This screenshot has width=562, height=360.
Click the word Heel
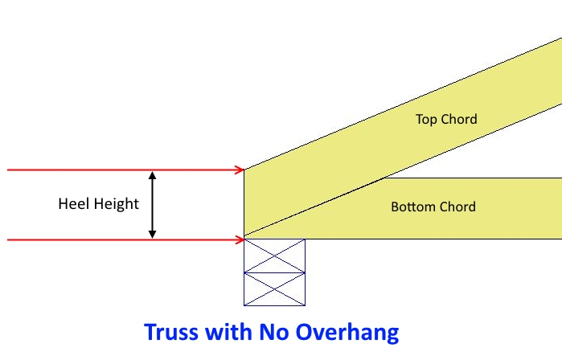pos(73,204)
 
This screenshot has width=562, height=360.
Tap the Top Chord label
pos(446,120)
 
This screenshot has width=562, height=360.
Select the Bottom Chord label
pos(433,207)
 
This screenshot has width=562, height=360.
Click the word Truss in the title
pos(171,332)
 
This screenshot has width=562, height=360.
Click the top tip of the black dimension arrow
pos(153,173)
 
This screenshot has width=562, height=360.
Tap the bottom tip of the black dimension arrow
pos(153,236)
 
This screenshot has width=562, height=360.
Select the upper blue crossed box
pos(274,256)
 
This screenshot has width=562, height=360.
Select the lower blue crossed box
pos(274,289)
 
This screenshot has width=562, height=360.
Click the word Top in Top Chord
pos(425,120)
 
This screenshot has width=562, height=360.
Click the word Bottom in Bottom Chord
pos(412,207)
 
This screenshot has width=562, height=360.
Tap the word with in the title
pos(228,332)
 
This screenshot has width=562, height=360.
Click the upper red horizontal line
pos(121,170)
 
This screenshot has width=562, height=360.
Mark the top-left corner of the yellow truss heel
pos(244,170)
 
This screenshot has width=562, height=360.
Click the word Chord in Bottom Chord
pos(456,207)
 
